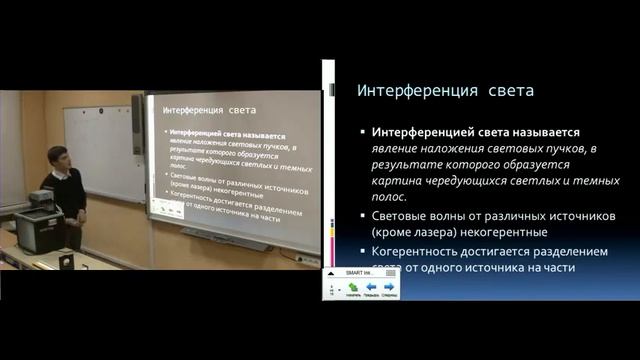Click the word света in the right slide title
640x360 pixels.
click(506, 91)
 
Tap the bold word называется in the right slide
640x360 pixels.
click(533, 131)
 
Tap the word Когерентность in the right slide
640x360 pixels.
click(422, 251)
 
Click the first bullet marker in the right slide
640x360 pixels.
click(363, 132)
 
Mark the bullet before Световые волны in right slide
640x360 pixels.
click(363, 217)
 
